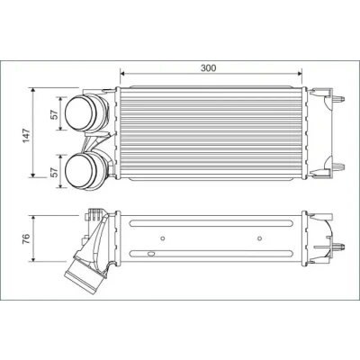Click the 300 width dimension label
point(208,68)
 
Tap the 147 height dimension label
point(27,136)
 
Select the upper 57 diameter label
point(54,114)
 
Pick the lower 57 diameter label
point(54,172)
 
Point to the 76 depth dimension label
point(26,238)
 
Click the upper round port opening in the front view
point(79,112)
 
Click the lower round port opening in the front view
point(79,170)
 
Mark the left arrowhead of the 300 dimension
point(122,74)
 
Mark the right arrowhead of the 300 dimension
point(299,74)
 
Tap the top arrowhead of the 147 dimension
point(33,90)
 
